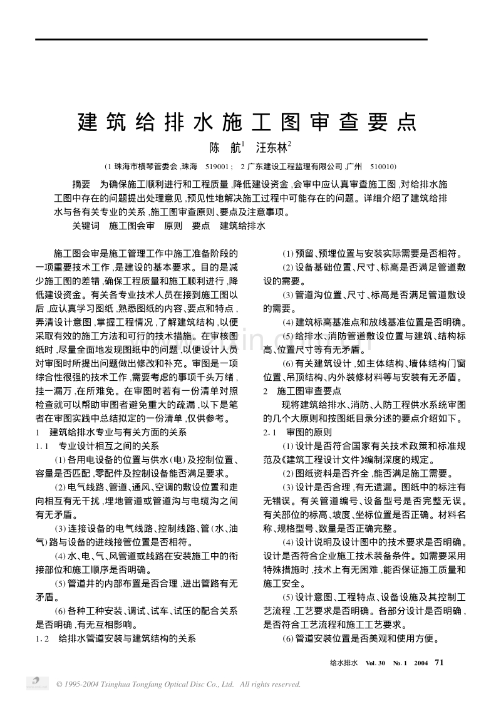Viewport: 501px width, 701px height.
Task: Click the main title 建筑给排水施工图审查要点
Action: point(247,121)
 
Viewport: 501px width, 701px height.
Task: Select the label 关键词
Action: point(86,225)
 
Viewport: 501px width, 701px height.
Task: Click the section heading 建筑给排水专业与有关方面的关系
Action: point(119,433)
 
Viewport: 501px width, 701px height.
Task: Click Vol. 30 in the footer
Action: point(376,662)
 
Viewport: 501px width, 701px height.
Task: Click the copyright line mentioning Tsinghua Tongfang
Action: point(178,684)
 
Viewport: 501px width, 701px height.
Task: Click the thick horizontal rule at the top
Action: point(231,39)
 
